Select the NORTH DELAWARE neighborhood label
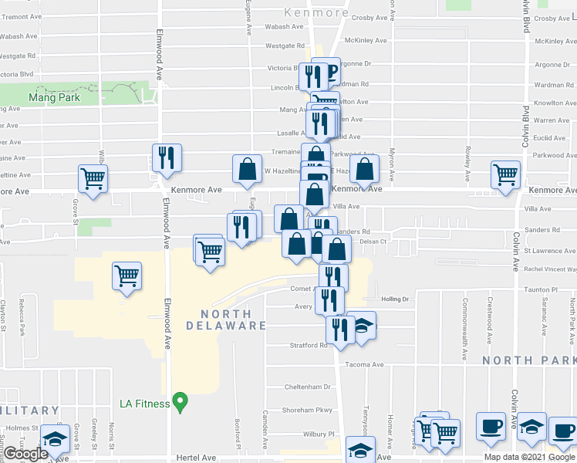click(x=225, y=319)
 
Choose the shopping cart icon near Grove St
click(x=93, y=179)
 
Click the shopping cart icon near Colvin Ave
click(x=506, y=174)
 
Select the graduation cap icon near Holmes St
click(x=53, y=438)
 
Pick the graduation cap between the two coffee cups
click(x=531, y=428)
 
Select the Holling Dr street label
click(x=393, y=299)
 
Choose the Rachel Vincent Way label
click(x=550, y=269)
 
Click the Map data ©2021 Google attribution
click(x=530, y=457)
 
